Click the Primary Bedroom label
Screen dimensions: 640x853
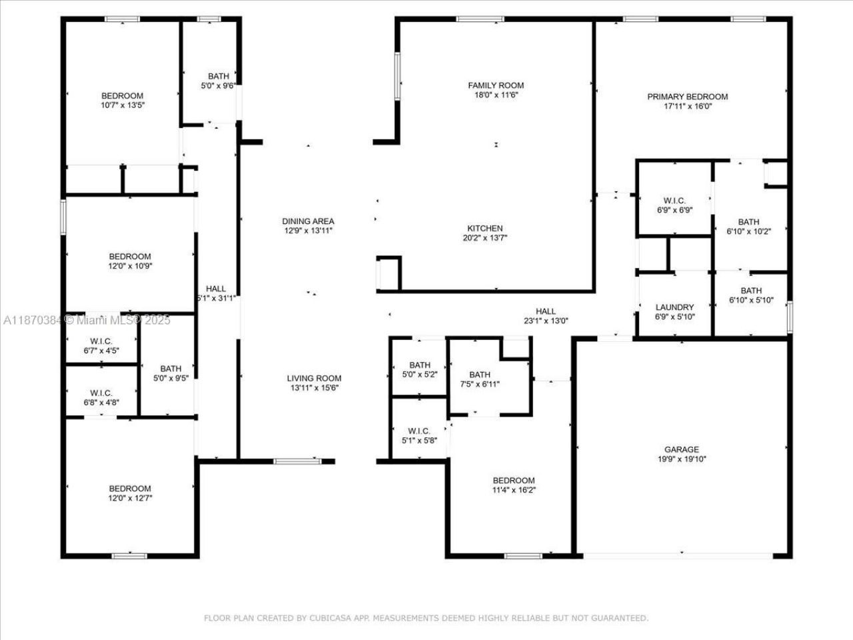pos(687,97)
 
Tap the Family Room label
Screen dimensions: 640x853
pos(496,85)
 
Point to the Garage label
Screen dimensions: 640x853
pos(681,449)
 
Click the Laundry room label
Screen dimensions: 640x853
pos(674,307)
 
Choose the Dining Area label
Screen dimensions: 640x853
pos(308,221)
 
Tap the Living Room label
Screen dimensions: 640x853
pos(314,378)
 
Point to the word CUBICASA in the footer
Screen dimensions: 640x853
pos(326,618)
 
